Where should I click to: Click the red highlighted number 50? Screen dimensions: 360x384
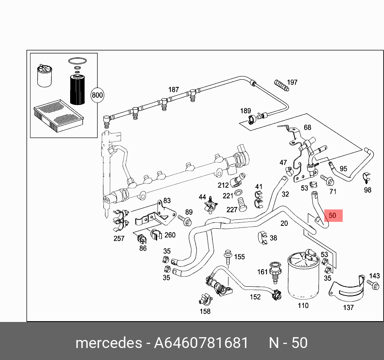coord(332,215)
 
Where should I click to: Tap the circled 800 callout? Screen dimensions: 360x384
coord(97,95)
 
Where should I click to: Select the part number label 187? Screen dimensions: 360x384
coord(173,90)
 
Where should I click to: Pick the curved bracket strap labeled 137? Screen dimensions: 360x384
coord(347,289)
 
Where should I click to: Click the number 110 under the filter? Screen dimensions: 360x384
coord(303,306)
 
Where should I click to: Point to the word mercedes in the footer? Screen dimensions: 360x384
coord(108,343)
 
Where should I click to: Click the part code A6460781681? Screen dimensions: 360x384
coord(201,343)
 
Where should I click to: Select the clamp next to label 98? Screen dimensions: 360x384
coord(366,177)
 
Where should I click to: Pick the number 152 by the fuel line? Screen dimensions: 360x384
coord(255,297)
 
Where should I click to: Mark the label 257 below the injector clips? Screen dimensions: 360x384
coord(119,239)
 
